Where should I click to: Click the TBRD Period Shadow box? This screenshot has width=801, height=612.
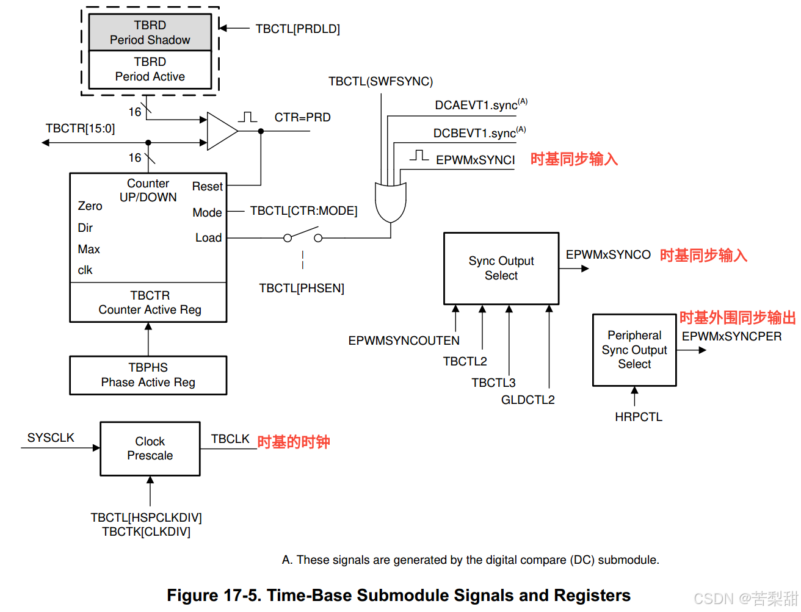pos(150,32)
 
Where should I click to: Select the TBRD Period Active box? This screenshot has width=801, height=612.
pos(150,70)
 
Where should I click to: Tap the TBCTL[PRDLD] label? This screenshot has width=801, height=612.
pos(297,29)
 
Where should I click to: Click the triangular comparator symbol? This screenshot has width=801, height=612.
pos(221,131)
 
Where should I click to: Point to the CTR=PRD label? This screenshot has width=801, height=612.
pos(302,117)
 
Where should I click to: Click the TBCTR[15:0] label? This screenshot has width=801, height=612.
pos(80,128)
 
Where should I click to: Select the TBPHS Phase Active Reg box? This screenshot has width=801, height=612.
pos(148,375)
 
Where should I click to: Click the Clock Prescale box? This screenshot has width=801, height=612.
pos(150,448)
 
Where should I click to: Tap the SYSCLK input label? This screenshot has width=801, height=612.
pos(51,437)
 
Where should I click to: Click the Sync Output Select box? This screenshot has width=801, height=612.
pos(501,268)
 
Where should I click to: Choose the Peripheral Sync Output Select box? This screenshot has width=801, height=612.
pos(634,350)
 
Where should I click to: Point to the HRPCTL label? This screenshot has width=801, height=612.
pos(639,417)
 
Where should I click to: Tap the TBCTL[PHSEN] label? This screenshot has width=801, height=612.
pos(302,288)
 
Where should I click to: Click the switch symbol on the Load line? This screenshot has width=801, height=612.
pos(302,236)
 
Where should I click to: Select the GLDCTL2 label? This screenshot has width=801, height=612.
pos(528,400)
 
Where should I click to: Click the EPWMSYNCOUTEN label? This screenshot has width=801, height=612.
pos(404,340)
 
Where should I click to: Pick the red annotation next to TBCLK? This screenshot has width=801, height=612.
pos(294,442)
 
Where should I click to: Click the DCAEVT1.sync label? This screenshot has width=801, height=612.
pos(476,105)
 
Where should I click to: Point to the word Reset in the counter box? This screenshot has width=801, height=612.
pos(208,186)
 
